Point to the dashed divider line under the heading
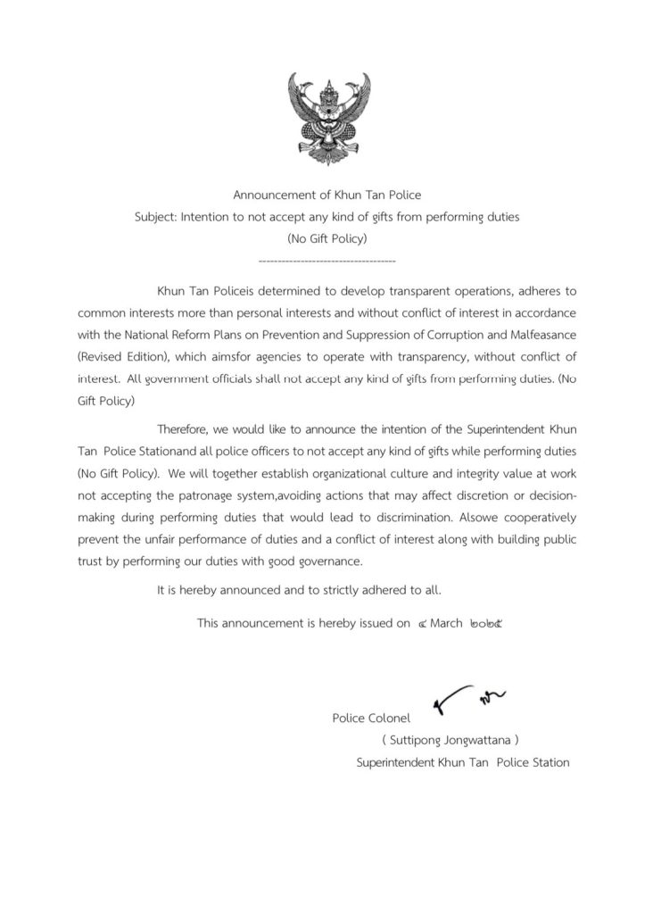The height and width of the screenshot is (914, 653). [326, 261]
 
